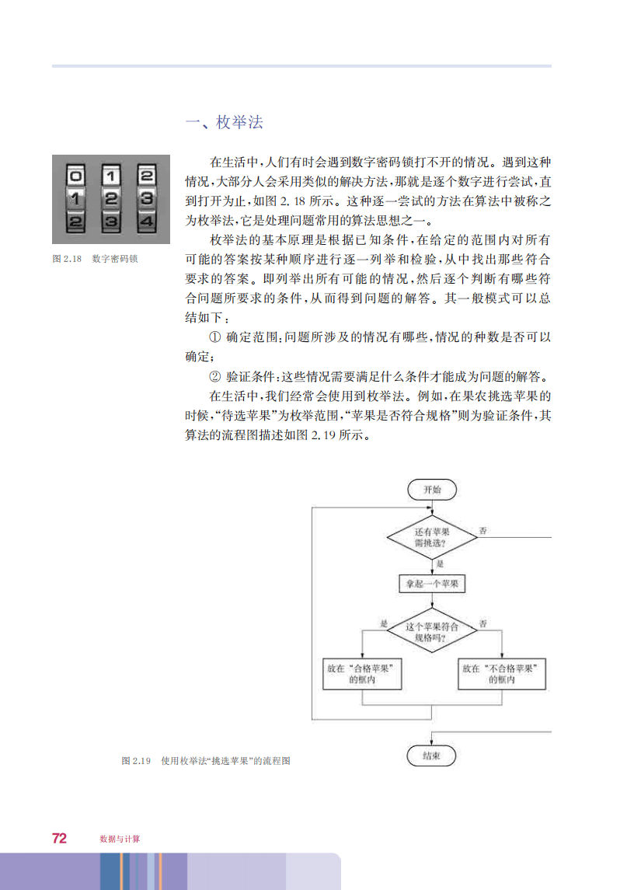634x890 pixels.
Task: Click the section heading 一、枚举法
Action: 225,122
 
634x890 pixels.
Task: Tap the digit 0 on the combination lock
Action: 75,176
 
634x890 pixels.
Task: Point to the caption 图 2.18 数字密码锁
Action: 95,259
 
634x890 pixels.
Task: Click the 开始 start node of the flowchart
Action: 432,490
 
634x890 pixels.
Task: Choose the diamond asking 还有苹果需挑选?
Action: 432,537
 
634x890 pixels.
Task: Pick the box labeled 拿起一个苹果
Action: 432,584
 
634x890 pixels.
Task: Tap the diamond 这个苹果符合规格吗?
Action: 432,631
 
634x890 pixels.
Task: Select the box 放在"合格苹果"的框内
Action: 362,674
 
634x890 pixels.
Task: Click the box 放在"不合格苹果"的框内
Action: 502,674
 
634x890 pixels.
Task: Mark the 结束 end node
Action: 431,756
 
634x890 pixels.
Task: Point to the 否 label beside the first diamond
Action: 483,531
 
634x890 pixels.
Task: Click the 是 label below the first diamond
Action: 440,564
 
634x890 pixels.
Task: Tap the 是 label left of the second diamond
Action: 384,623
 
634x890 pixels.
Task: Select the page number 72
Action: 59,839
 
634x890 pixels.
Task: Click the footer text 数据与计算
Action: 120,839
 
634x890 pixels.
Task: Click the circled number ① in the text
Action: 214,337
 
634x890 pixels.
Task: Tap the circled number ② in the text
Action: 214,376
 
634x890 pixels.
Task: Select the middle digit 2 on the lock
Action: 111,198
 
